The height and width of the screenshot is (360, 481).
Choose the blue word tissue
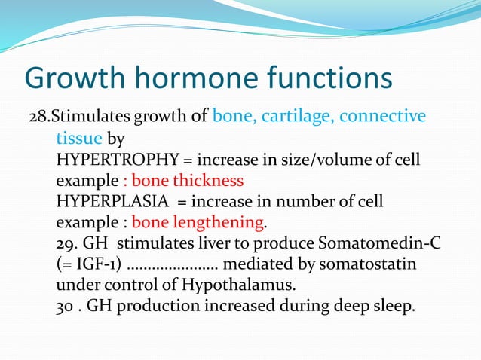coord(75,139)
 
